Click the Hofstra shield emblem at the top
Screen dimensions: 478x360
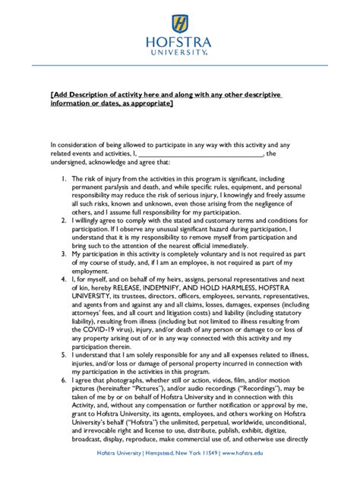(x=180, y=23)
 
